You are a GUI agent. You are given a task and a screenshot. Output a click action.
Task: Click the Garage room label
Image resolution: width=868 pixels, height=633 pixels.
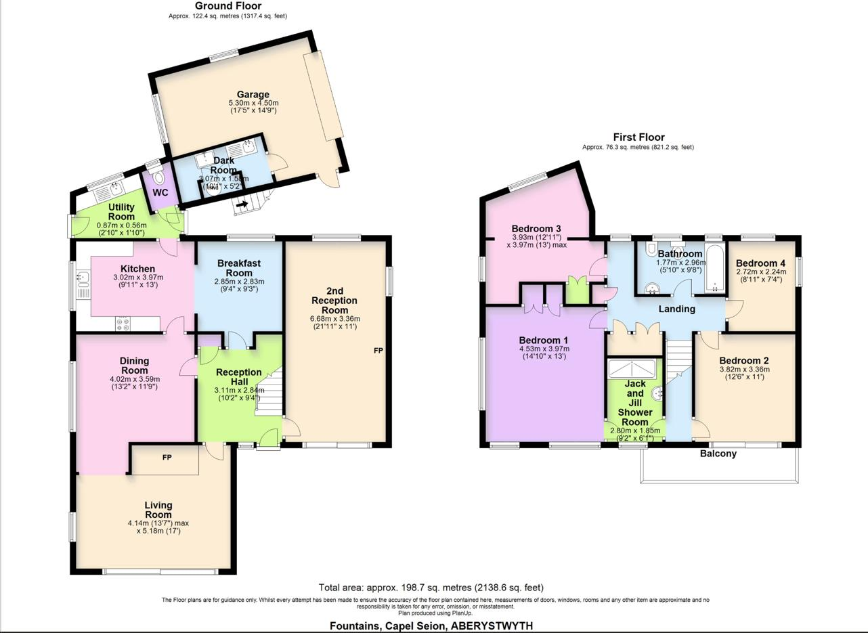[253, 95]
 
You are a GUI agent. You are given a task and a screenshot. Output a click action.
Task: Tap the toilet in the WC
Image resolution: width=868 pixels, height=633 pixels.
[159, 177]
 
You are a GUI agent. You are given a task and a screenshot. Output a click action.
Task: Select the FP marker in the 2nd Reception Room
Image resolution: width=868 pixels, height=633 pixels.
[378, 351]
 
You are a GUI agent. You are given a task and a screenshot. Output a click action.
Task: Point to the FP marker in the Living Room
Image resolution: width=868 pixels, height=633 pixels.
[167, 458]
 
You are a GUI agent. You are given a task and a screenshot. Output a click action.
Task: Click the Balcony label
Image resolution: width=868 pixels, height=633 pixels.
[718, 454]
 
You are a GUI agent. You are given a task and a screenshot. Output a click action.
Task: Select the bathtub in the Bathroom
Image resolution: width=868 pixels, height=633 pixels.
[714, 268]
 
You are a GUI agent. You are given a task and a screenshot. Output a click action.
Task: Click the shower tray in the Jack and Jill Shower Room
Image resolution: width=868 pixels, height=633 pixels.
[632, 368]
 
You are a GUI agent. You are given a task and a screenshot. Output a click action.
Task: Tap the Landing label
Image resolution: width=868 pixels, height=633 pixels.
[676, 309]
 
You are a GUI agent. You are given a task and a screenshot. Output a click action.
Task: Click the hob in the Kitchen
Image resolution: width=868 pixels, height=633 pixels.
[123, 324]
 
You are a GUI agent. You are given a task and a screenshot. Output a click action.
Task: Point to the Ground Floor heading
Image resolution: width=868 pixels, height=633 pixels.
[228, 6]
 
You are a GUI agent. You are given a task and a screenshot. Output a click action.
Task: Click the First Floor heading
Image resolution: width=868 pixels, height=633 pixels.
[638, 137]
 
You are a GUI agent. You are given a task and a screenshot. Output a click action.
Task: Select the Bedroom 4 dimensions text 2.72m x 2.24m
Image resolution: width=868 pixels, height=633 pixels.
[761, 271]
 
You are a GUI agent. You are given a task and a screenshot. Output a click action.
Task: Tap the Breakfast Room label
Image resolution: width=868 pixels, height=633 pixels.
[239, 268]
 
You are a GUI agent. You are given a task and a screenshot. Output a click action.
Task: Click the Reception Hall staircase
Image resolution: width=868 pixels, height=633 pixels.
[270, 393]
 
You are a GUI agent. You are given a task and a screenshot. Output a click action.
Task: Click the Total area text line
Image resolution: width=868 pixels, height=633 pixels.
[431, 588]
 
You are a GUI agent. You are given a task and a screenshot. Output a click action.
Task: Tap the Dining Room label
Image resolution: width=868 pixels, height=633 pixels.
[135, 366]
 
